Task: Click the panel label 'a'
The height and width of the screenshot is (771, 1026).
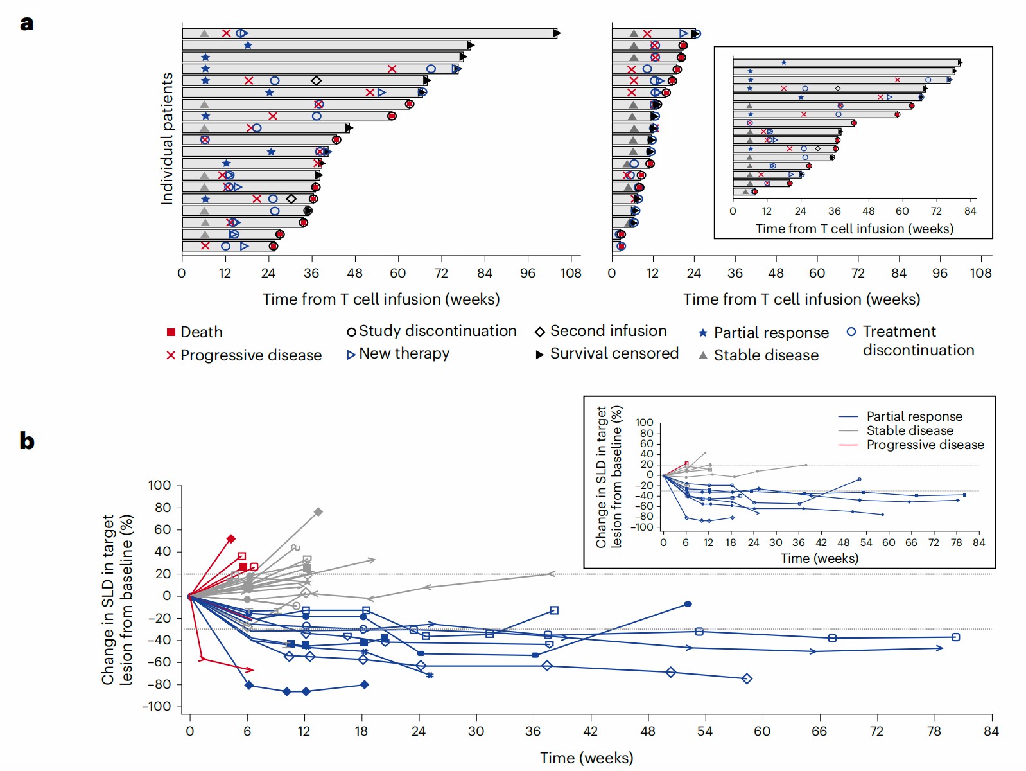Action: [x=26, y=23]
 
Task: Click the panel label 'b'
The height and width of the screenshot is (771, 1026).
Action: [x=26, y=441]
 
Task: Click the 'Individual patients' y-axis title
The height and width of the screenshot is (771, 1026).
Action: [x=167, y=138]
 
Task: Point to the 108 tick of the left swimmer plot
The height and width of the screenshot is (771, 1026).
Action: [x=571, y=273]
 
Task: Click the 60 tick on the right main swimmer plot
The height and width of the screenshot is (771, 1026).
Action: [x=817, y=273]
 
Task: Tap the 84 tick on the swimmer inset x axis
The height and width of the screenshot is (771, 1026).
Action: [x=970, y=211]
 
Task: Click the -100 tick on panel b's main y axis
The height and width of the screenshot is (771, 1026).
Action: [x=157, y=706]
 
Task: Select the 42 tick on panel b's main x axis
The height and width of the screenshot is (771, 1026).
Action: [x=590, y=731]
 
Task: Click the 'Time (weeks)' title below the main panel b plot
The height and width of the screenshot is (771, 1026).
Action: [x=586, y=758]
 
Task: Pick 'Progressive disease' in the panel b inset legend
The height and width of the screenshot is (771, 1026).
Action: [x=925, y=445]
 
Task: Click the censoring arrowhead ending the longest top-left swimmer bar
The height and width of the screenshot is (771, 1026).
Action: [x=557, y=33]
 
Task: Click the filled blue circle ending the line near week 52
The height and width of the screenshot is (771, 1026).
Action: [x=688, y=604]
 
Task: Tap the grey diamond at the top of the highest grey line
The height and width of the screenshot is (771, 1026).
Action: [x=318, y=512]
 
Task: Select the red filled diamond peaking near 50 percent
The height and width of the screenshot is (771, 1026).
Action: [x=231, y=539]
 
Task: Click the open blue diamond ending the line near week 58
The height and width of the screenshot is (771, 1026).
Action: [x=747, y=678]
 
